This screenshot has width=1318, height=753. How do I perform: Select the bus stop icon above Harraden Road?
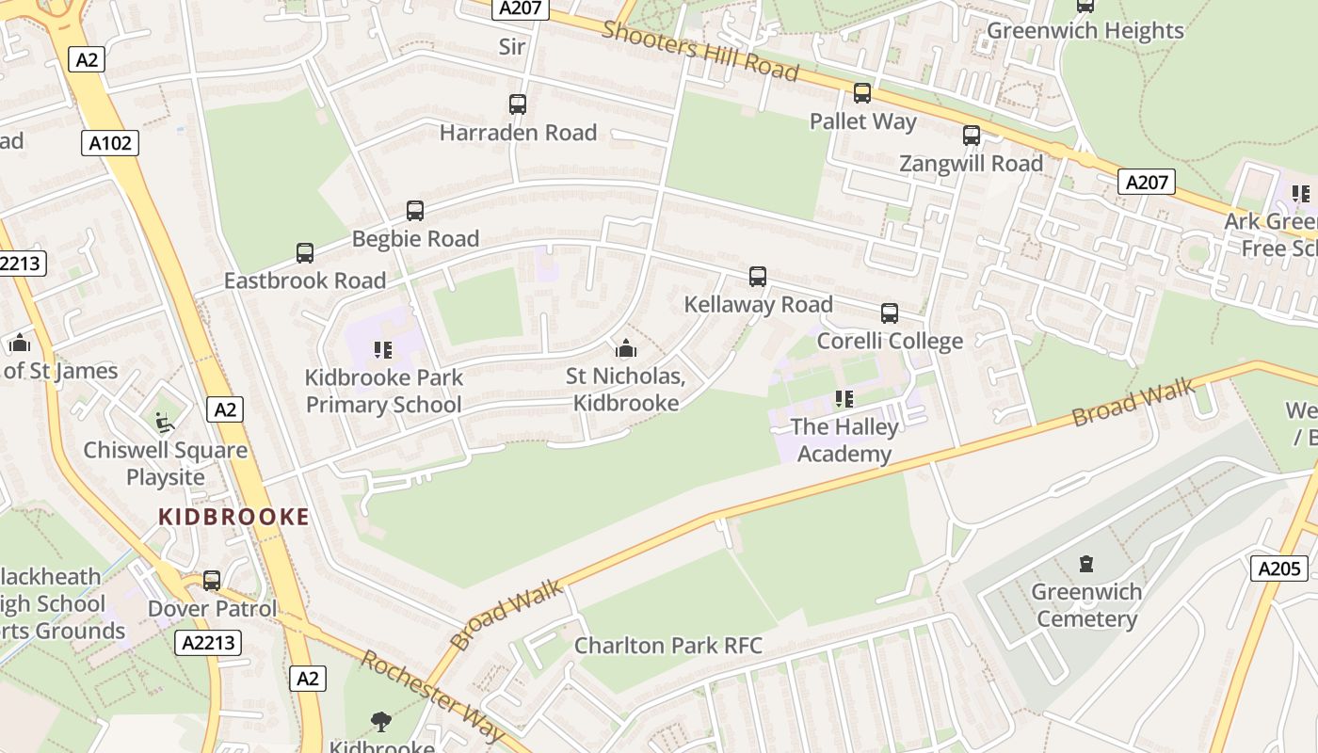click(x=517, y=104)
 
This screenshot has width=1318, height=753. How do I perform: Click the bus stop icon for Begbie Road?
click(x=415, y=211)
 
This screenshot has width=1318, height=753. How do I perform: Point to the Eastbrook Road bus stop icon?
click(x=305, y=252)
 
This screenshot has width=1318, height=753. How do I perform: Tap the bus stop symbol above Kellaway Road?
click(x=758, y=277)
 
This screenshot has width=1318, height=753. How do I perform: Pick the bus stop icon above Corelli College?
click(x=890, y=313)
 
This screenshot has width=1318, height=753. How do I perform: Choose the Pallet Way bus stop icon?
click(x=862, y=93)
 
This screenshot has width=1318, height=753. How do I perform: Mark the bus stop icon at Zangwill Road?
click(x=972, y=136)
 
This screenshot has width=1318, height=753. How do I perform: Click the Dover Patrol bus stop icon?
click(x=212, y=581)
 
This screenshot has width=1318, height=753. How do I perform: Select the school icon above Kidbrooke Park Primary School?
click(x=383, y=350)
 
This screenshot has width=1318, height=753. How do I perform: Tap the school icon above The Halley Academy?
click(x=844, y=399)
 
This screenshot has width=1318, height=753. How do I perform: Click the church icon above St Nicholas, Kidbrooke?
click(x=625, y=349)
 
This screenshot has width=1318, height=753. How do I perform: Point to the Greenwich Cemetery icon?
click(x=1086, y=565)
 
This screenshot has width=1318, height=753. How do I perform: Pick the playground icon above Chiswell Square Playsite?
click(x=165, y=422)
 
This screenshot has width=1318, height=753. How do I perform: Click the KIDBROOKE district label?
click(x=233, y=517)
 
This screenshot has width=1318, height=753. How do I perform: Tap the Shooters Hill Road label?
click(x=700, y=50)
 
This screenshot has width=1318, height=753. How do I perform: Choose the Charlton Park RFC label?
click(x=668, y=646)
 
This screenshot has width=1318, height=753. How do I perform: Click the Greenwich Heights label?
click(x=1085, y=31)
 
